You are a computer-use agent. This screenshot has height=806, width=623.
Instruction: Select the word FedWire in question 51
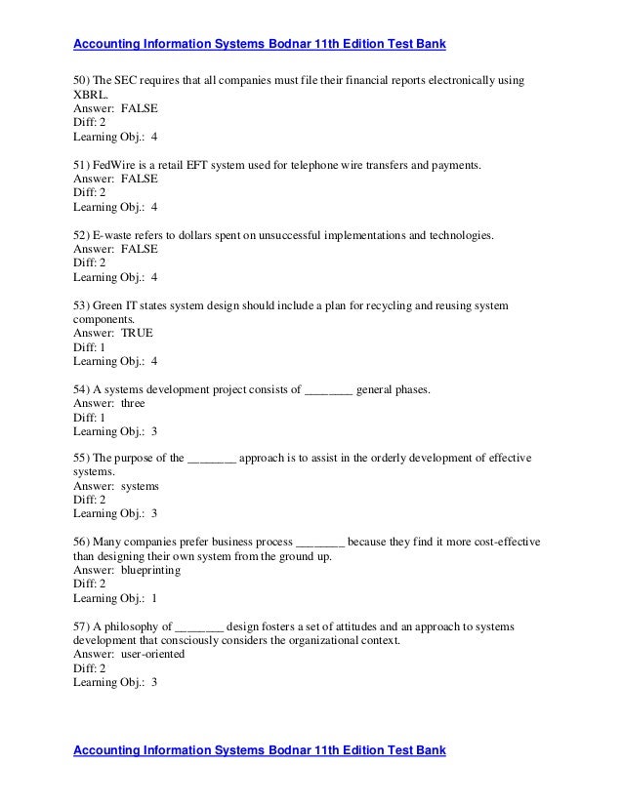[x=113, y=166]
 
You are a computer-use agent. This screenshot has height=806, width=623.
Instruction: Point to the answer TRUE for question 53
[x=136, y=333]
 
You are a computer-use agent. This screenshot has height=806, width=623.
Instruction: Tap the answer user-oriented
[x=152, y=655]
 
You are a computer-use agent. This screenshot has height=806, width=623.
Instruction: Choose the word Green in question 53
[x=110, y=306]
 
